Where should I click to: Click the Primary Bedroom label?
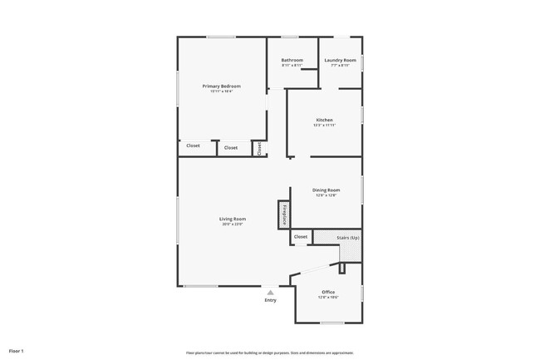(x=222, y=86)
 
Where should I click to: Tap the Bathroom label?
(x=292, y=60)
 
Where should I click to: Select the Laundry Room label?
(x=341, y=60)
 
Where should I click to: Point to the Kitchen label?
(x=324, y=120)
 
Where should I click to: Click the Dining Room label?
(x=326, y=190)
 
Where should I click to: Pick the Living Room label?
(x=233, y=219)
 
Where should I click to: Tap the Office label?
(x=328, y=292)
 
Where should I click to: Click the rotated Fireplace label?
(x=284, y=214)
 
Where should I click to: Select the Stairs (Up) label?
(x=348, y=237)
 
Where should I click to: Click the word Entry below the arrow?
(x=270, y=299)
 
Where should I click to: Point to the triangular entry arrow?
(x=270, y=292)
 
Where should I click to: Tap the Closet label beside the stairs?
(x=301, y=237)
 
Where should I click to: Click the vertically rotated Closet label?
(x=259, y=148)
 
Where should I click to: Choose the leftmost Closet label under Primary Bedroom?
(x=193, y=146)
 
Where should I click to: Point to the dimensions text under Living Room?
(x=233, y=224)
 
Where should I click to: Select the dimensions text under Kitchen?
(x=324, y=126)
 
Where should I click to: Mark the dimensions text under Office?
(x=328, y=298)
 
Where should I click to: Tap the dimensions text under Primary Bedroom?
(x=222, y=91)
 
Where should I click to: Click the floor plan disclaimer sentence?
(x=270, y=353)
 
